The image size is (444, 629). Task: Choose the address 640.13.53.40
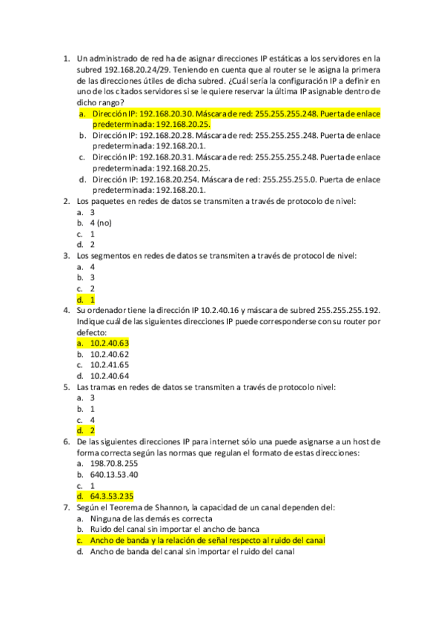pyautogui.click(x=113, y=474)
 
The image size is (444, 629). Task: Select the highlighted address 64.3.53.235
pyautogui.click(x=111, y=496)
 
